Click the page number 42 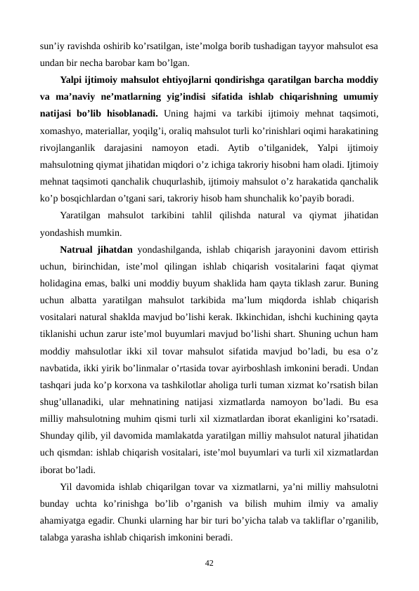(x=209, y=563)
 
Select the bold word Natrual (x=79, y=248)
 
